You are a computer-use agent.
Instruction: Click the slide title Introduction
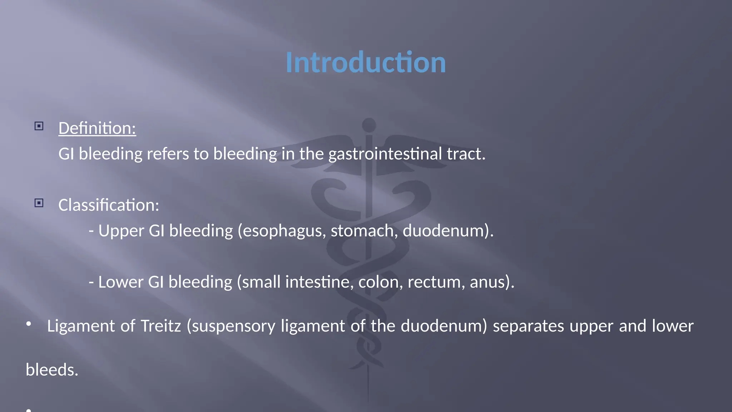click(x=366, y=63)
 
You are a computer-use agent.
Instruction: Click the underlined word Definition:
click(x=97, y=128)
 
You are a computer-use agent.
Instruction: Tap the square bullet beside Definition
click(x=39, y=126)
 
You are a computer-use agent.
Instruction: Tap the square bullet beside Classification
click(x=39, y=203)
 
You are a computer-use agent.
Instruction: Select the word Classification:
click(x=109, y=205)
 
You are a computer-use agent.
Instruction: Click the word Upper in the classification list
click(x=121, y=231)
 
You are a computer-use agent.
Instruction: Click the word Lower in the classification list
click(x=121, y=282)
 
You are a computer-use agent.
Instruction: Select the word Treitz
click(x=161, y=326)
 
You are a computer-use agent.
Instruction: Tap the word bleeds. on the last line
click(x=52, y=370)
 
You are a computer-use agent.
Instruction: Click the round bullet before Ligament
click(x=29, y=324)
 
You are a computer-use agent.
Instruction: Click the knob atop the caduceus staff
click(x=369, y=125)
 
